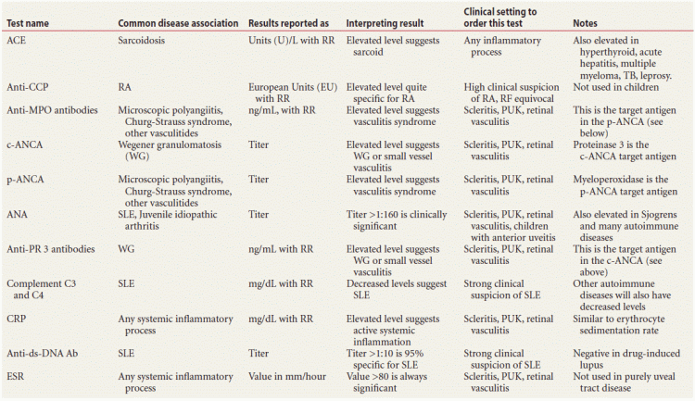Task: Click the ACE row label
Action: point(16,41)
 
